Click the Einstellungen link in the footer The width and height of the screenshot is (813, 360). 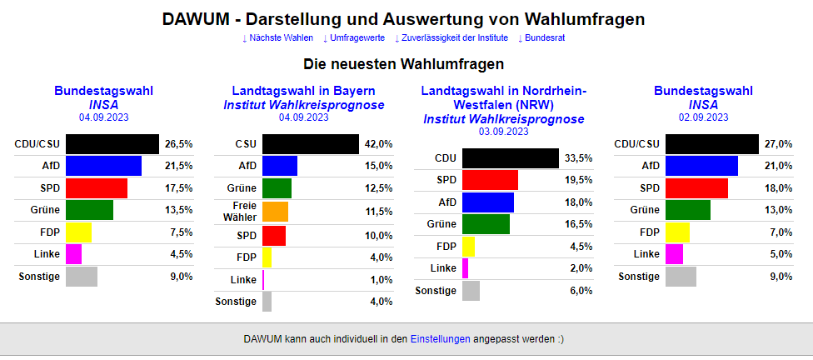pyautogui.click(x=441, y=339)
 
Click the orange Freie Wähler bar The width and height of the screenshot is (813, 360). pyautogui.click(x=275, y=212)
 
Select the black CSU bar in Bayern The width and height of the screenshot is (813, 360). pyautogui.click(x=310, y=144)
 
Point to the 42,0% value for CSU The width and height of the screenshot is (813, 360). pyautogui.click(x=378, y=144)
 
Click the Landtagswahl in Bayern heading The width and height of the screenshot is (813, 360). pyautogui.click(x=303, y=91)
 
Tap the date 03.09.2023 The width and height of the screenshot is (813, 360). pyautogui.click(x=503, y=132)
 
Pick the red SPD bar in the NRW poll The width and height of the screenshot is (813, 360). pyautogui.click(x=490, y=180)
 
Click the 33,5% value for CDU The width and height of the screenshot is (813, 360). pyautogui.click(x=578, y=158)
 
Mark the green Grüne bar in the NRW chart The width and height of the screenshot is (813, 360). pyautogui.click(x=486, y=224)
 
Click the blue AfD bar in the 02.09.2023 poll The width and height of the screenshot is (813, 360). pyautogui.click(x=701, y=166)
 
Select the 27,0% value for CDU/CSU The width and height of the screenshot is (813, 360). pyautogui.click(x=778, y=144)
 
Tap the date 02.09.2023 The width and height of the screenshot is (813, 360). pyautogui.click(x=703, y=117)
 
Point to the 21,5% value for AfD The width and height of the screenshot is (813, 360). pyautogui.click(x=178, y=166)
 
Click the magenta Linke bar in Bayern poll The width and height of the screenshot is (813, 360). pyautogui.click(x=263, y=279)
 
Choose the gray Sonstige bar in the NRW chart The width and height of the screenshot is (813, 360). pyautogui.click(x=471, y=291)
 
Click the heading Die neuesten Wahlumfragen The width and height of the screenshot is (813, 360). pyautogui.click(x=403, y=64)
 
